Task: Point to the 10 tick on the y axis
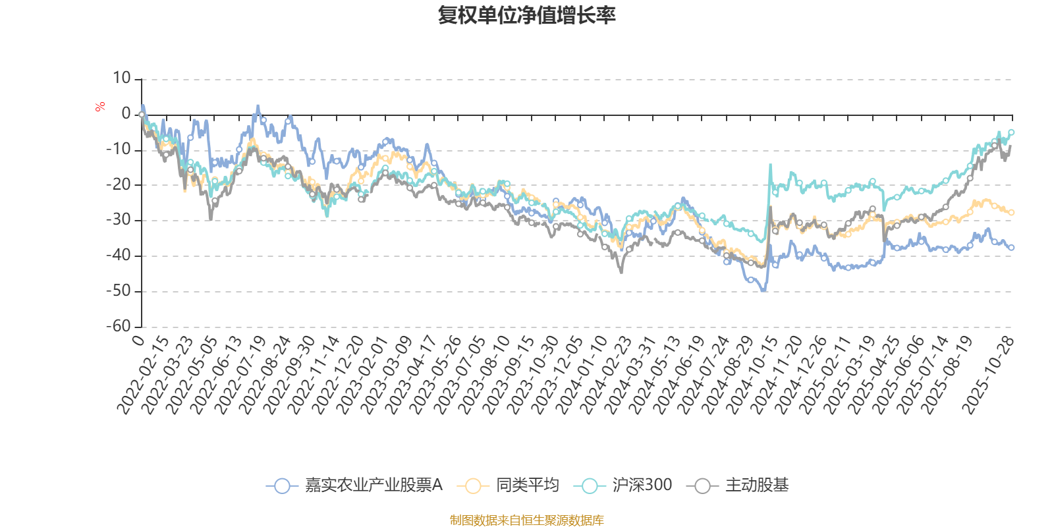click(x=122, y=78)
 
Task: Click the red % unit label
click(x=100, y=107)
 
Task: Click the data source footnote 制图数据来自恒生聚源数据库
click(x=526, y=520)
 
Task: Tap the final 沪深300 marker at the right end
click(x=1011, y=132)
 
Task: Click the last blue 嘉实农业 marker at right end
click(x=1011, y=248)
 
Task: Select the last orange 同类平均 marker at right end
click(x=1011, y=212)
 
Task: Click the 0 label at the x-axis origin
click(x=138, y=339)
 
